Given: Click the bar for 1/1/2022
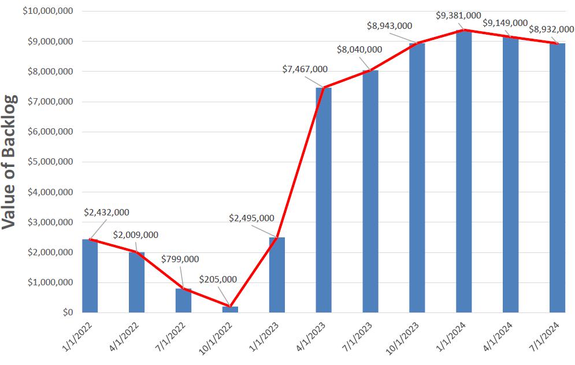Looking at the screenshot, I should [x=90, y=276].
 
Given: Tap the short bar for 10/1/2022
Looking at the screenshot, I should [x=230, y=309].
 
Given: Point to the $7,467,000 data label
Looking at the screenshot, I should [x=305, y=69].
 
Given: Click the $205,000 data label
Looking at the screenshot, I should [x=218, y=279].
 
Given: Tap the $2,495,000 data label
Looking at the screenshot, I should [x=251, y=218].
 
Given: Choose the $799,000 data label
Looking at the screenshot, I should [x=180, y=259].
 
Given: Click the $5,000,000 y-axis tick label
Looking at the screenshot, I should [x=50, y=162].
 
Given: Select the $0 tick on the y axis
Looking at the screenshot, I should [x=67, y=312].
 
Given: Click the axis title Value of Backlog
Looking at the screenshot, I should [x=10, y=162].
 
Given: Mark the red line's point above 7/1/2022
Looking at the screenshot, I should [x=183, y=289].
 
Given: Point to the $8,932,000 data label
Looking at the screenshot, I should [x=551, y=29].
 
